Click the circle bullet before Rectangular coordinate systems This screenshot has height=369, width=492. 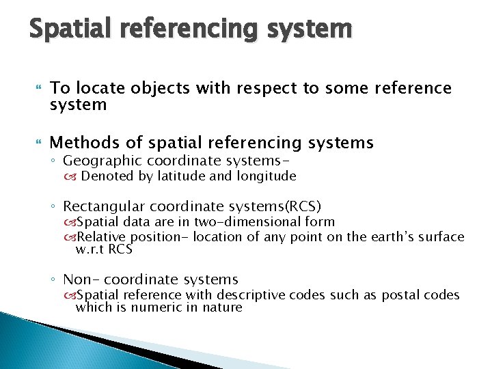(x=55, y=206)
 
